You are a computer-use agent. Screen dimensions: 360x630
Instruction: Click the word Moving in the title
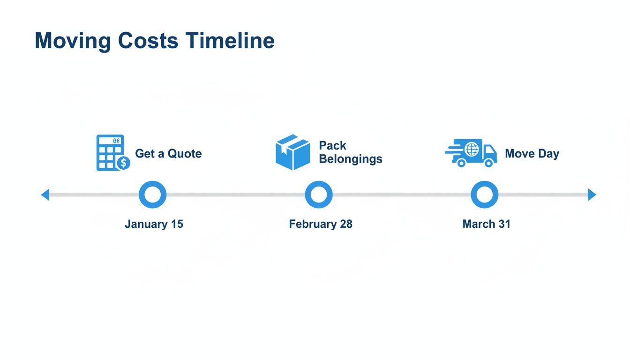click(73, 41)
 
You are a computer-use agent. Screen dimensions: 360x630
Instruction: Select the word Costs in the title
click(148, 41)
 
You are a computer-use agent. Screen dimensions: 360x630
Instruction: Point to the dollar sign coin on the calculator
click(124, 163)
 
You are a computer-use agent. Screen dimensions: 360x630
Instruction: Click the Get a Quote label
click(168, 154)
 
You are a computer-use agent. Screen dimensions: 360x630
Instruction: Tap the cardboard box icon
click(293, 152)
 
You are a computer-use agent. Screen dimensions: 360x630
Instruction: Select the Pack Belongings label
click(350, 152)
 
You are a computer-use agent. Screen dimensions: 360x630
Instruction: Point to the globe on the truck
click(472, 150)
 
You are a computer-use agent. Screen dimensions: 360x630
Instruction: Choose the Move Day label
click(532, 154)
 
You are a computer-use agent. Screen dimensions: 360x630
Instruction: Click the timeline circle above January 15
click(153, 195)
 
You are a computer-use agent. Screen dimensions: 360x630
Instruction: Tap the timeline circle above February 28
click(319, 195)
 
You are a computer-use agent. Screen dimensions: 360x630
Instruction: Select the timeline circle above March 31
click(484, 195)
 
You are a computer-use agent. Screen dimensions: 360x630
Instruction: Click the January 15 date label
click(154, 224)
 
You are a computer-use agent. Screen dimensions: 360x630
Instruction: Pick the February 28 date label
click(321, 224)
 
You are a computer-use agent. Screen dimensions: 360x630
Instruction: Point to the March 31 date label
click(486, 224)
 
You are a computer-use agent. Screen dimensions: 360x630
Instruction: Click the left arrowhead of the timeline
click(45, 195)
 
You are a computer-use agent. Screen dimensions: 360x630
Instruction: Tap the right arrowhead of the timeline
click(592, 195)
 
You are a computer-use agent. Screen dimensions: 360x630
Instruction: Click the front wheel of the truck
click(489, 163)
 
